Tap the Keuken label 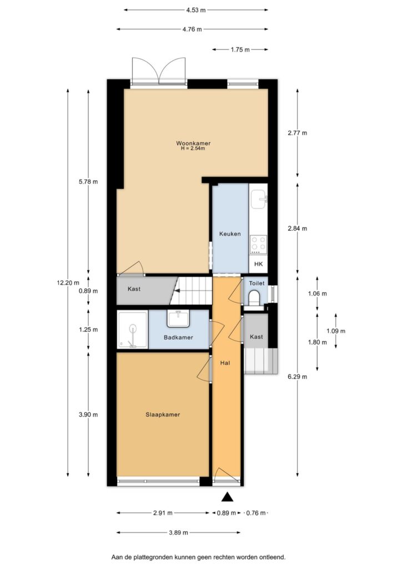(x=230, y=234)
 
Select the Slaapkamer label (x=163, y=414)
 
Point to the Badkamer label (x=178, y=337)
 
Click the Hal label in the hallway (x=225, y=363)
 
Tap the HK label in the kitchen (x=258, y=265)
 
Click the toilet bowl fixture (x=255, y=299)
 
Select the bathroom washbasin (x=179, y=318)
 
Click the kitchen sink (x=258, y=198)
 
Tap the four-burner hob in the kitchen (x=258, y=243)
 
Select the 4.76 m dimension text (x=192, y=29)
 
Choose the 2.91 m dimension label (x=163, y=513)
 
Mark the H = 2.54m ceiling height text (x=193, y=149)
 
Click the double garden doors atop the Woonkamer (x=159, y=71)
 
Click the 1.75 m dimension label (x=240, y=49)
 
